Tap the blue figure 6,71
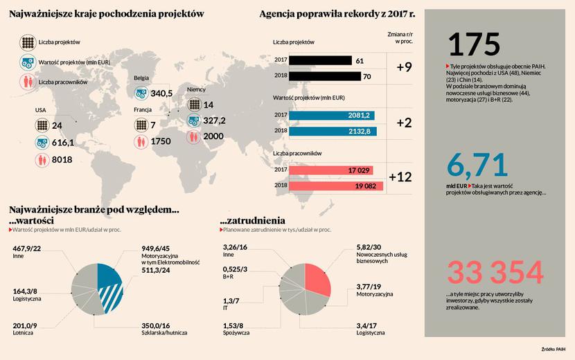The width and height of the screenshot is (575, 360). pyautogui.click(x=478, y=165)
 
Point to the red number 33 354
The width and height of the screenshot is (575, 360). pyautogui.click(x=495, y=272)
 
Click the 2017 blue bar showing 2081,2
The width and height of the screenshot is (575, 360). pyautogui.click(x=333, y=115)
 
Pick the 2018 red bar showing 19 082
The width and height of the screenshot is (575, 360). pyautogui.click(x=335, y=186)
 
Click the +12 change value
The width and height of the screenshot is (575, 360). pyautogui.click(x=400, y=177)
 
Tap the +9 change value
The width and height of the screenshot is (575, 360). pyautogui.click(x=405, y=68)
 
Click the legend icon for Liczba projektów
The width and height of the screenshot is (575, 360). pyautogui.click(x=27, y=43)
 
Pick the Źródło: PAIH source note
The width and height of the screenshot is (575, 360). pyautogui.click(x=554, y=350)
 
